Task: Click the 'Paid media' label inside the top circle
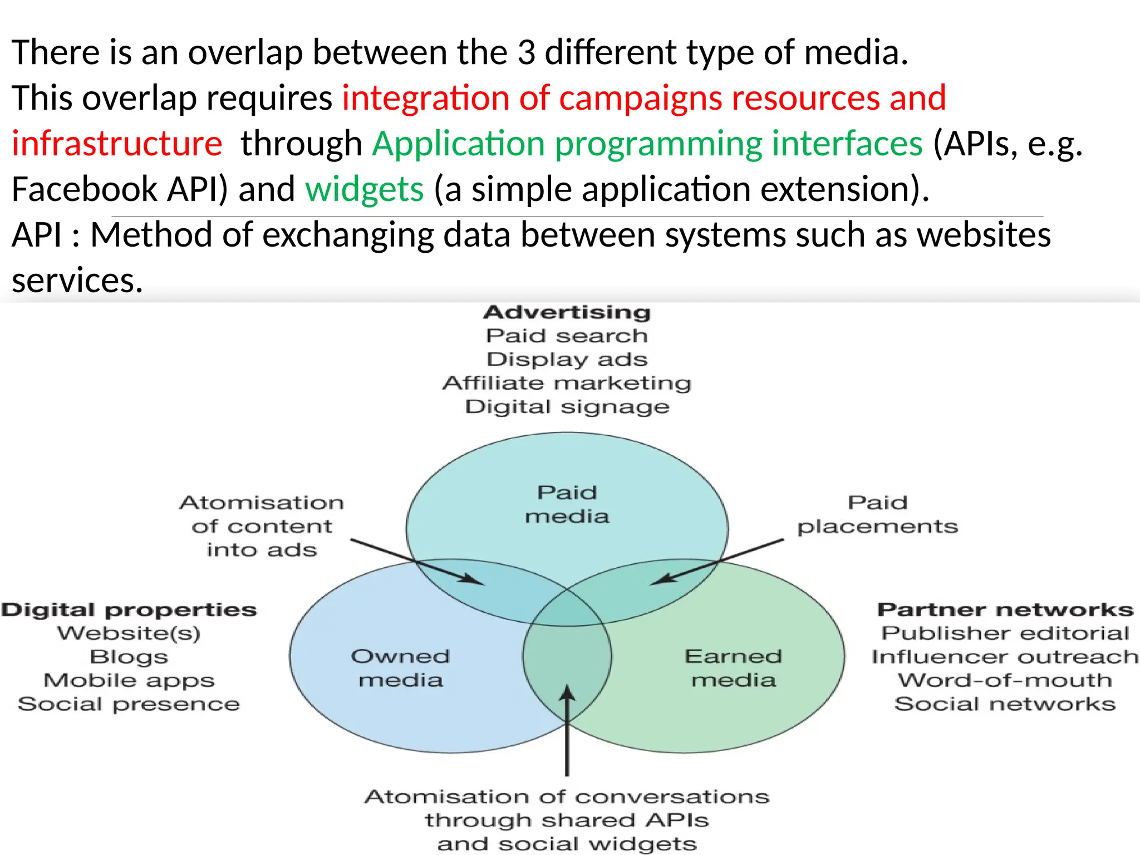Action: point(567,504)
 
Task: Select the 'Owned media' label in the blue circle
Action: point(400,668)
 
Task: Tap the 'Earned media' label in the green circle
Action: point(733,668)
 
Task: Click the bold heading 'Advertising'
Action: point(567,312)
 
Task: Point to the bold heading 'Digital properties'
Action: point(129,610)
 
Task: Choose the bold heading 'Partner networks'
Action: point(1005,610)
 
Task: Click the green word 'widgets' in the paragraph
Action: point(365,189)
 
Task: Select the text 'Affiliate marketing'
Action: point(567,383)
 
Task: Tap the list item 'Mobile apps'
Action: point(129,680)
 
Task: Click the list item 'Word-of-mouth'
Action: point(1005,680)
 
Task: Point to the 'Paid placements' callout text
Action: point(877,514)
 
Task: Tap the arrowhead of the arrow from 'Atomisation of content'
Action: point(476,581)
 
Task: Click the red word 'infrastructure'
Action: point(117,143)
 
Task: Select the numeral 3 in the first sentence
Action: point(526,52)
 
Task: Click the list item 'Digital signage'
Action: point(567,407)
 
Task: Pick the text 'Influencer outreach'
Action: point(1005,657)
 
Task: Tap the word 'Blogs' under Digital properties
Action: point(129,657)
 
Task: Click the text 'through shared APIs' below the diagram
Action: point(567,820)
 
